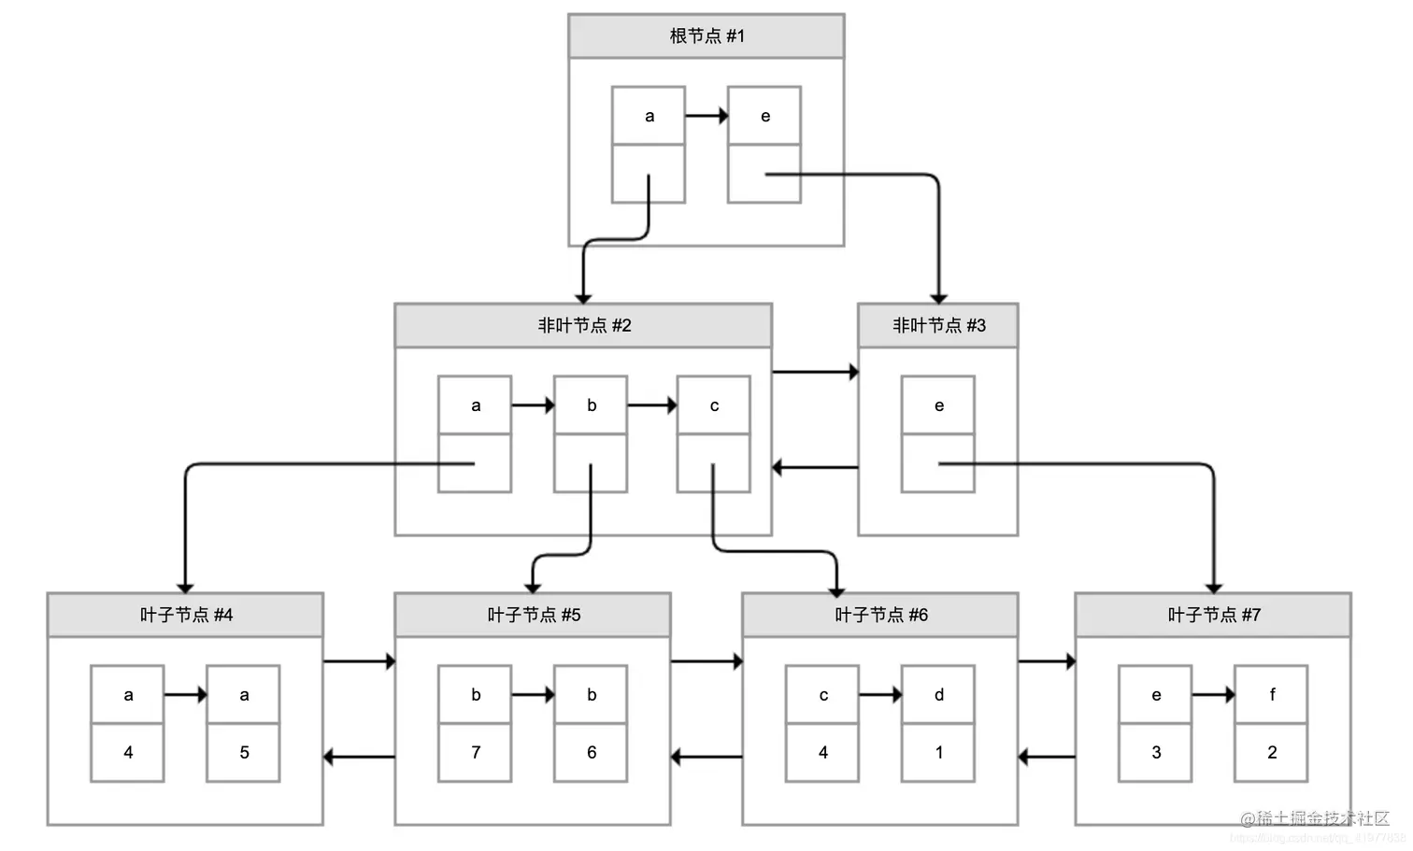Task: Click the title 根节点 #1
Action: [706, 36]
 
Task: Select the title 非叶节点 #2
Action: [584, 326]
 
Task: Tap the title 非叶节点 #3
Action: [938, 326]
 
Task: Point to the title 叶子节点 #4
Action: [186, 616]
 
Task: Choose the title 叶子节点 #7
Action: [1213, 616]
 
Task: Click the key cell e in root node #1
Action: [764, 116]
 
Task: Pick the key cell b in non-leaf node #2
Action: [591, 405]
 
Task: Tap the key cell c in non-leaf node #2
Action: [714, 405]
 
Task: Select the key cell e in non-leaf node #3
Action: [938, 405]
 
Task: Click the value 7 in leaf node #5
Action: [476, 752]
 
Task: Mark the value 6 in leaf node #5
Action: [591, 752]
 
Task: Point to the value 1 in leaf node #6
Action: [938, 752]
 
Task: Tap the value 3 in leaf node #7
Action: [1156, 752]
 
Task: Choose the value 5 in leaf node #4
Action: [244, 752]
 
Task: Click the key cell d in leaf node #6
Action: [938, 695]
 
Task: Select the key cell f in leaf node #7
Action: [1271, 695]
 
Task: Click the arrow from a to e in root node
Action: [706, 116]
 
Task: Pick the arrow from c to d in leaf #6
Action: [880, 695]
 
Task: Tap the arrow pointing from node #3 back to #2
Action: [815, 467]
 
